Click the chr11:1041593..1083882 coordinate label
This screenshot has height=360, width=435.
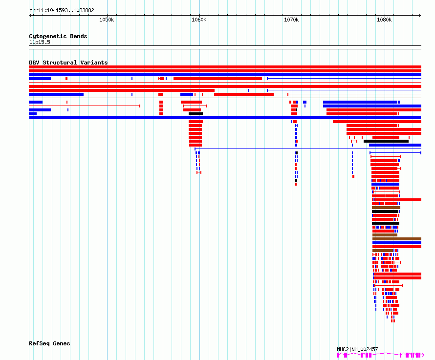tap(62, 11)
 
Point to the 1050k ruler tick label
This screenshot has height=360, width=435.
tap(107, 20)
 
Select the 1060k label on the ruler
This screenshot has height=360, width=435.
tap(199, 20)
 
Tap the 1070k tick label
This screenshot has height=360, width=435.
tap(291, 20)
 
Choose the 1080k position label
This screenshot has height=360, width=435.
tap(384, 20)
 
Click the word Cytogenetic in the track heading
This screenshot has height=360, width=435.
tap(48, 36)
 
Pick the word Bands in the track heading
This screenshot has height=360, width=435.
tap(79, 36)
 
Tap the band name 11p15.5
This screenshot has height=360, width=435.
tap(40, 42)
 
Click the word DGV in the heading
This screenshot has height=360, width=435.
tap(34, 63)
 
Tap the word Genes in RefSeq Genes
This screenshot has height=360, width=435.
tap(61, 343)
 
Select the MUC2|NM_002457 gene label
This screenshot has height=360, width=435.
tap(357, 349)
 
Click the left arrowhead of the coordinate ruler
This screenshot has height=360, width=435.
tap(30, 16)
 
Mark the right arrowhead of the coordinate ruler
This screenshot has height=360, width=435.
tap(420, 16)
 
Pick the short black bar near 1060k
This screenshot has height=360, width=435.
tap(196, 114)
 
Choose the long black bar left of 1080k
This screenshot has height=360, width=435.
tap(386, 141)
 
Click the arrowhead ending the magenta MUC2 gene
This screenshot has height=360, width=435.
tap(422, 355)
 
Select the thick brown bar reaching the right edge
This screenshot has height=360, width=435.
tap(397, 239)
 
